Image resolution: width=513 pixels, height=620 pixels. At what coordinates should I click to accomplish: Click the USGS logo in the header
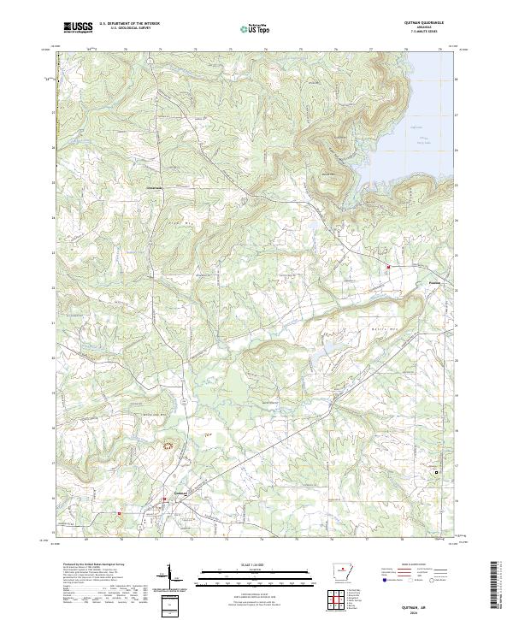point(78,28)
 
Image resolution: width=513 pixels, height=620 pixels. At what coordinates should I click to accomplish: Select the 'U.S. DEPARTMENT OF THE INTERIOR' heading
point(129,24)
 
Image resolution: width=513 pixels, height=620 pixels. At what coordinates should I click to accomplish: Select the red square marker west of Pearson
point(387,267)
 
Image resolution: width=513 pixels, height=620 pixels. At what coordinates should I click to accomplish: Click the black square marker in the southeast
point(439,472)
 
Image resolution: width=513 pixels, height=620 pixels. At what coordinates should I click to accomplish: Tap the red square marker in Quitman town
point(165,499)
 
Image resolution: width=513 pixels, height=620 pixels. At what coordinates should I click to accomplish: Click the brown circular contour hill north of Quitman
point(168,445)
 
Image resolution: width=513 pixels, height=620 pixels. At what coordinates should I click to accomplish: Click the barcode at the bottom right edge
point(494,586)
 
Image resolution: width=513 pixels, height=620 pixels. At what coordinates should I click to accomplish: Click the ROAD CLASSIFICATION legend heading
point(415,564)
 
